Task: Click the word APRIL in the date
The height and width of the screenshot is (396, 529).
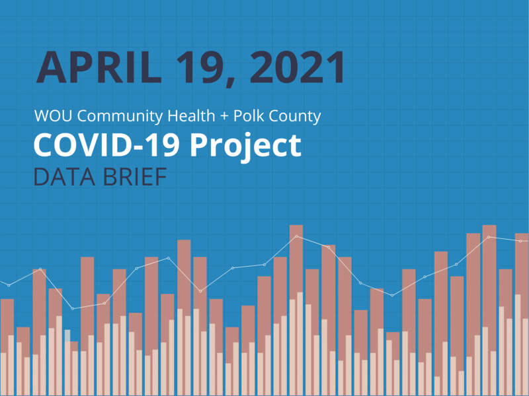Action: pos(97,67)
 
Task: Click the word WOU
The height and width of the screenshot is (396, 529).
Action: pos(52,117)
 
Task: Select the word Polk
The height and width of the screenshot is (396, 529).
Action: pos(252,117)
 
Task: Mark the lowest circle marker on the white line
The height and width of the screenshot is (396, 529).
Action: pos(73,308)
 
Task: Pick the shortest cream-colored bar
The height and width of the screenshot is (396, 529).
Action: pos(437,385)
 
